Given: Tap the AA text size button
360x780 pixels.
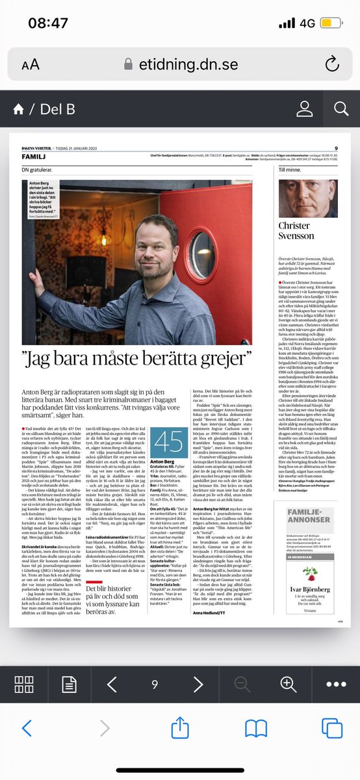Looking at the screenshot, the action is tap(30, 64).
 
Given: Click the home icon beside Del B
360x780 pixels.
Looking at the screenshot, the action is tap(18, 109).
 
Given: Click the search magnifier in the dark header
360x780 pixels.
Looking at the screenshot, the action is tap(341, 109).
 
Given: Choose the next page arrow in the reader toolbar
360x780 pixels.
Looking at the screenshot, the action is tap(198, 684).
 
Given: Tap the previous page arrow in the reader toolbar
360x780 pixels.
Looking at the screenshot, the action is tap(111, 684).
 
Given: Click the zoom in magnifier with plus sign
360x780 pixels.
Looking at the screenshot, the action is tap(288, 684).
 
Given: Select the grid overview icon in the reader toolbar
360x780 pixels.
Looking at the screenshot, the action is tap(24, 684).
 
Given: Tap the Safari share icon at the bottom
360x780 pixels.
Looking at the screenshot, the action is tap(180, 729).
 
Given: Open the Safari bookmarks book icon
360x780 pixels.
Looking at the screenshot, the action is tap(257, 729).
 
